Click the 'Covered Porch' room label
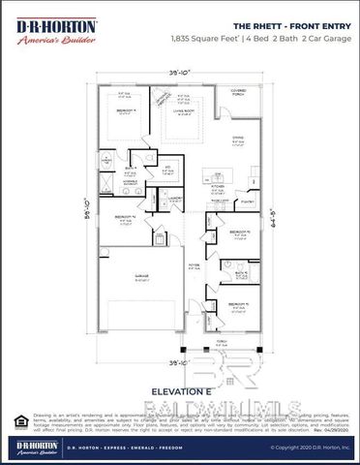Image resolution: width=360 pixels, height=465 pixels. [x=238, y=93]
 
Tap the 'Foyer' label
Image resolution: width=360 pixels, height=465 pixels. [x=194, y=263]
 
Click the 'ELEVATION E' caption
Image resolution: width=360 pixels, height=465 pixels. [x=177, y=391]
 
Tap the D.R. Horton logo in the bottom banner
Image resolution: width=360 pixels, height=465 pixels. [x=32, y=448]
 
